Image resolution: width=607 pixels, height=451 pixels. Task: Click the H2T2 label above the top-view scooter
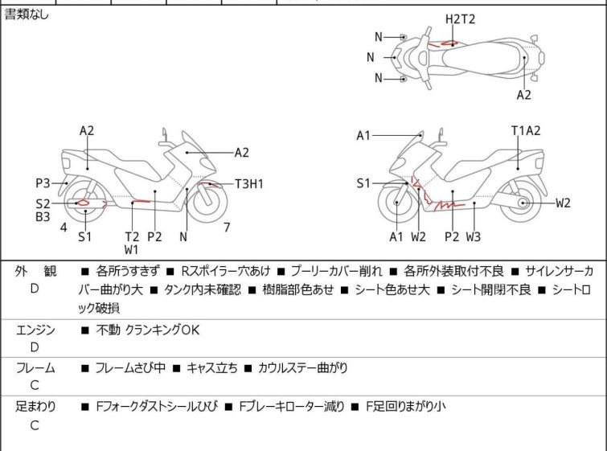(461, 18)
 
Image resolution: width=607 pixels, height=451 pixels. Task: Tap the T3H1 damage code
(249, 184)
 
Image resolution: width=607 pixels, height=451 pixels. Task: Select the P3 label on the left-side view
(43, 182)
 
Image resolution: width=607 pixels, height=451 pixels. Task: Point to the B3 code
(43, 216)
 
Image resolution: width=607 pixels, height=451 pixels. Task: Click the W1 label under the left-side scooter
(131, 250)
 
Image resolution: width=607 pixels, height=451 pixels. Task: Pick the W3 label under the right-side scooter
(474, 236)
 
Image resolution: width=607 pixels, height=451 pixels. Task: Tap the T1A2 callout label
(526, 130)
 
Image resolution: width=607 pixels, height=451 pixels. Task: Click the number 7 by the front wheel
(227, 228)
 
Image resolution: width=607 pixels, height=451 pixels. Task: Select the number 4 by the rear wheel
(64, 228)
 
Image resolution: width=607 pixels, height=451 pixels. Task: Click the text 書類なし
(27, 14)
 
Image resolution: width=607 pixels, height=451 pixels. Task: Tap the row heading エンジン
(35, 329)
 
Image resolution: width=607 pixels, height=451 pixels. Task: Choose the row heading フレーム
(35, 367)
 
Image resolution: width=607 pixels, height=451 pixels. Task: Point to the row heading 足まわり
(35, 407)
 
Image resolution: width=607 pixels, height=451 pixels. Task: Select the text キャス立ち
(212, 368)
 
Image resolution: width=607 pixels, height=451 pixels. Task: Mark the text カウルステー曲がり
(303, 368)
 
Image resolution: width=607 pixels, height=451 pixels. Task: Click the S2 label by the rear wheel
(43, 203)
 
